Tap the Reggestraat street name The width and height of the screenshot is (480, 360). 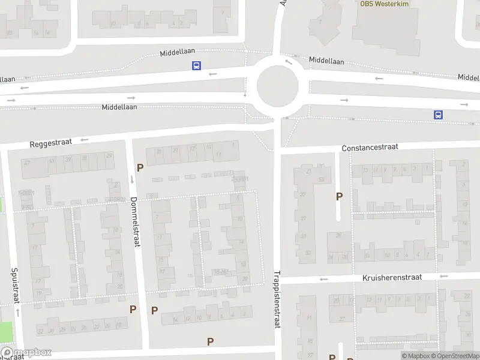click(51, 143)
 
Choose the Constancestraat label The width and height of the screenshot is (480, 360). click(370, 147)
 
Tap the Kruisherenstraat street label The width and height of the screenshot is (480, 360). click(392, 278)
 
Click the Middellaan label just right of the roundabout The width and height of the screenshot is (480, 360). click(326, 61)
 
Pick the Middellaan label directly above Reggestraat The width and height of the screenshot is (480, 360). click(119, 107)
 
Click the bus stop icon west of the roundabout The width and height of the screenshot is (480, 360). click(196, 66)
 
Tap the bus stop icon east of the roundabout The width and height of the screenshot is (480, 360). click(439, 115)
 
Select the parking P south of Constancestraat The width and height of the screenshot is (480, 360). click(339, 196)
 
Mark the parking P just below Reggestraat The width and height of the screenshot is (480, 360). click(140, 168)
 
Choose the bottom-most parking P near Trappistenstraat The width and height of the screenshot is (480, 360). click(210, 341)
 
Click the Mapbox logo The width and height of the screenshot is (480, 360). click(26, 353)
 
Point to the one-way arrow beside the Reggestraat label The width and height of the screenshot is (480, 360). click(84, 140)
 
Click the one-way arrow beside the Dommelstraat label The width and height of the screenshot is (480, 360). click(132, 180)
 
